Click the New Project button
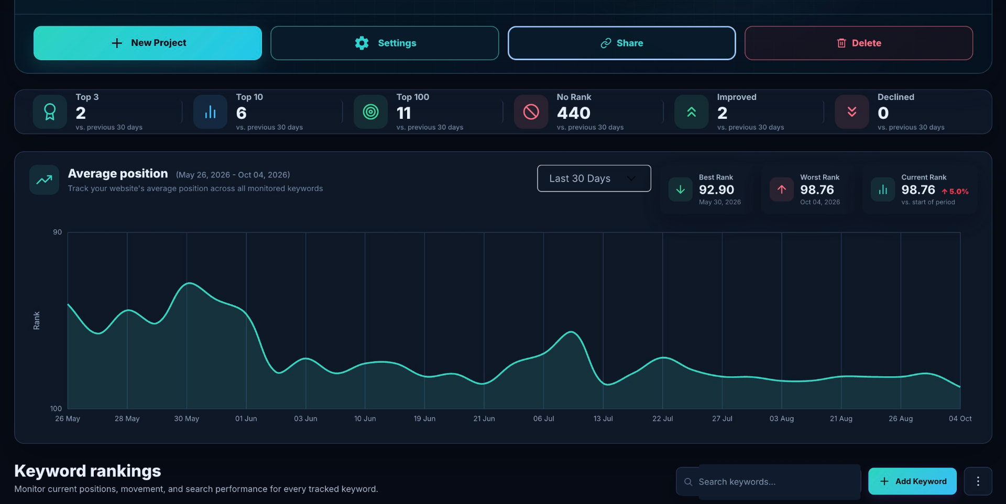[x=148, y=43]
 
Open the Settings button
[x=385, y=43]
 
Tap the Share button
[x=622, y=43]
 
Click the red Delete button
[x=859, y=43]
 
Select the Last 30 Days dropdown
[x=594, y=178]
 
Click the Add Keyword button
[x=912, y=481]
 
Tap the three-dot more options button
[x=978, y=481]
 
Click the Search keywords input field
[x=769, y=481]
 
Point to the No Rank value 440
[x=574, y=113]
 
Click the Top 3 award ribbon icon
[x=50, y=111]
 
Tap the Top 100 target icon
[x=370, y=111]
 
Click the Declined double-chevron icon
[x=852, y=111]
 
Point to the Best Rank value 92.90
[x=716, y=190]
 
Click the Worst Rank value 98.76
[x=817, y=190]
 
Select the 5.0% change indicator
[x=955, y=192]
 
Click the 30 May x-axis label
[x=187, y=419]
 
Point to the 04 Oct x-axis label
[x=960, y=419]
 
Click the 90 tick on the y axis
[x=57, y=232]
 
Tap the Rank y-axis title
[x=37, y=320]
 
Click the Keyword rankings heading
[x=88, y=471]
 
